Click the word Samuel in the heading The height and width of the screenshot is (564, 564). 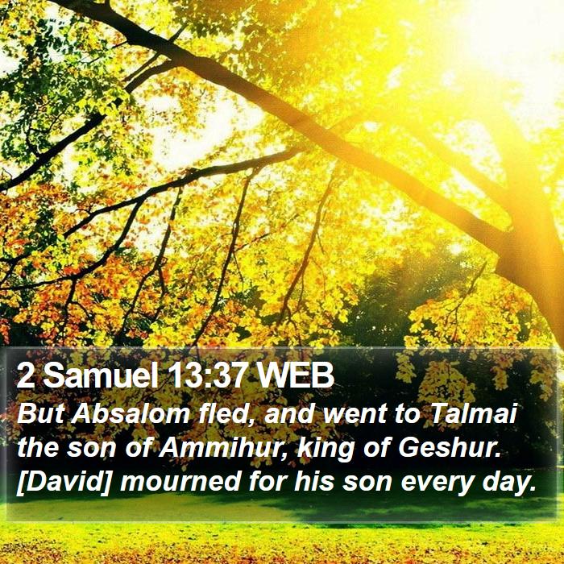tap(101, 375)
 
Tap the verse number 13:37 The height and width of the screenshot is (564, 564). tap(209, 375)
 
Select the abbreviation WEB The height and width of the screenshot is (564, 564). tap(296, 375)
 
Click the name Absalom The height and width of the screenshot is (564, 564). tap(131, 413)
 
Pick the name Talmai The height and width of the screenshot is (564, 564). tap(473, 413)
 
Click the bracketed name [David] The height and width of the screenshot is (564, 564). tap(64, 482)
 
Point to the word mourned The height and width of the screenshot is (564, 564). tap(180, 482)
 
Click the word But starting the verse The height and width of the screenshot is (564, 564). tap(40, 413)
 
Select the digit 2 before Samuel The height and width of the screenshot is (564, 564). tap(26, 376)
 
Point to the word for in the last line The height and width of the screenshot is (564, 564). tap(267, 482)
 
